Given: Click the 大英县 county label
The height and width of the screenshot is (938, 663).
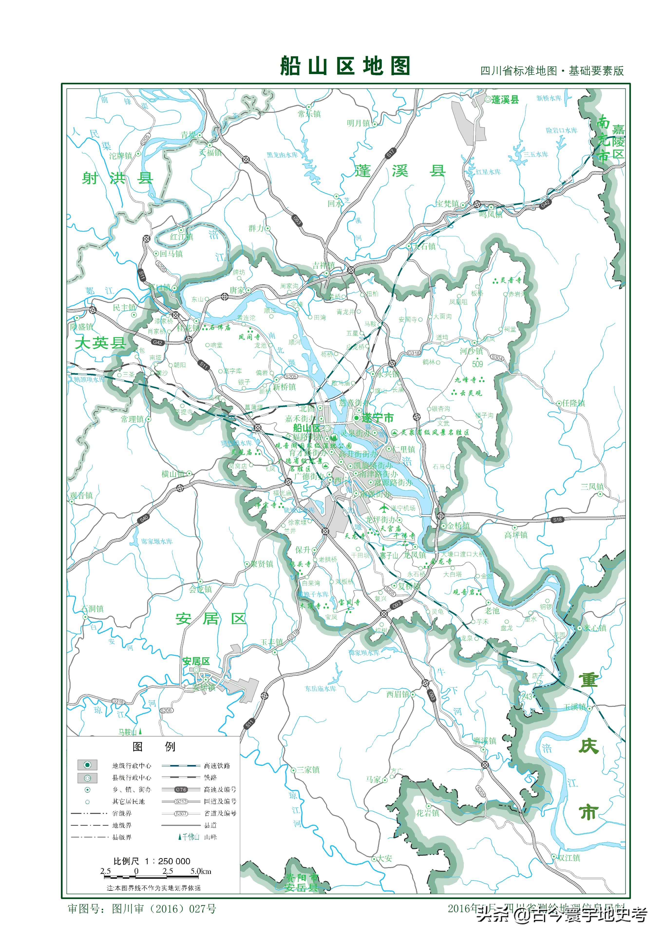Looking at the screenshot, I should coord(100,342).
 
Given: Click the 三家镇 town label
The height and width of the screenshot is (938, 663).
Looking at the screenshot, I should coord(308,770).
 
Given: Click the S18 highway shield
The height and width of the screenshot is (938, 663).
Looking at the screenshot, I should coord(557,520).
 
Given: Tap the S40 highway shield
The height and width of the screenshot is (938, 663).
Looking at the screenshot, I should coord(143,519).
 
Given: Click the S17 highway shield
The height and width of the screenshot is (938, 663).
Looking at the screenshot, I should coord(390,153).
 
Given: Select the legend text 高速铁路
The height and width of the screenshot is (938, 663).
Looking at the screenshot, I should coord(217,766).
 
